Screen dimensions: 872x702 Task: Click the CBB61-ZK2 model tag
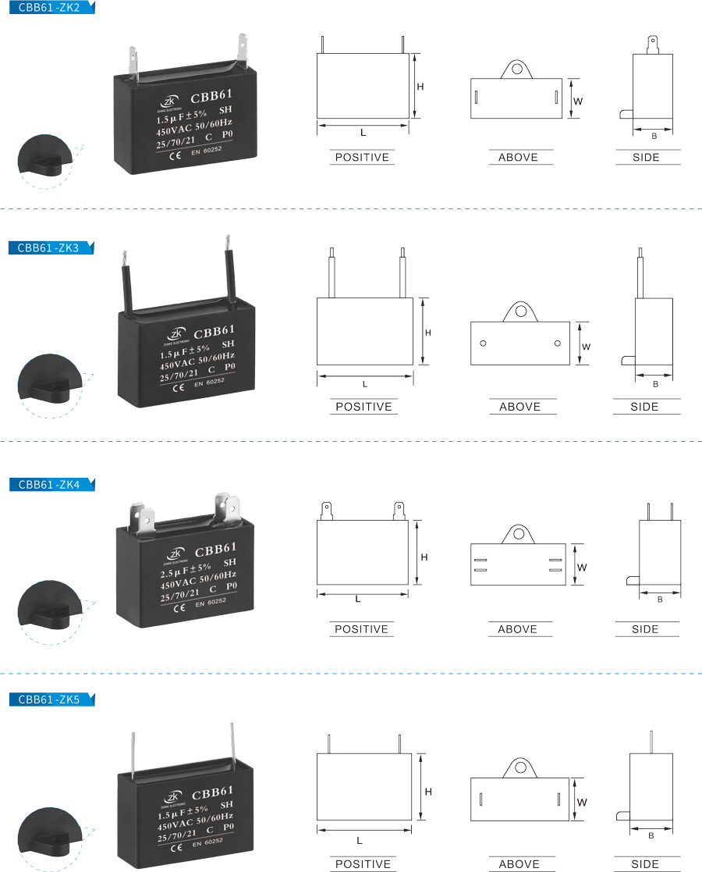(48, 8)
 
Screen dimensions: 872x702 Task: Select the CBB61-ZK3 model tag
(48, 248)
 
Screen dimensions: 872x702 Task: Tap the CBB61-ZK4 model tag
(48, 485)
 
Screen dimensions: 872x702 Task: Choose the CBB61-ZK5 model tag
(48, 699)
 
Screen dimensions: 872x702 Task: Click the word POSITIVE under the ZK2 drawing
(361, 158)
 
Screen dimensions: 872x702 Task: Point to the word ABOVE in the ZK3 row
(519, 407)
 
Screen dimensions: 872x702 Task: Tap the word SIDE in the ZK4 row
(645, 629)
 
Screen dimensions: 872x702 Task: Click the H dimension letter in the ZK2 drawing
(420, 87)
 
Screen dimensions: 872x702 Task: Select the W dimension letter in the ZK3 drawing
(586, 346)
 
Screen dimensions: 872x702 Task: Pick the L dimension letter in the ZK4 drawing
(358, 600)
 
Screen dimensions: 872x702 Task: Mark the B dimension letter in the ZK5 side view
(651, 836)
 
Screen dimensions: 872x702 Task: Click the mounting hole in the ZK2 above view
(516, 69)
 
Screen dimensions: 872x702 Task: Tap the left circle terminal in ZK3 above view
(483, 343)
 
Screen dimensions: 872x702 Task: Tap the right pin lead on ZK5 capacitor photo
(232, 749)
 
